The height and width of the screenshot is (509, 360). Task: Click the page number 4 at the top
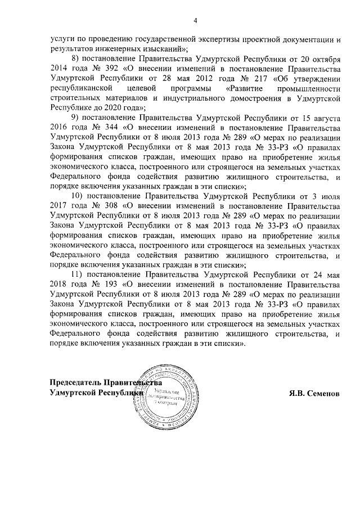(195, 21)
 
